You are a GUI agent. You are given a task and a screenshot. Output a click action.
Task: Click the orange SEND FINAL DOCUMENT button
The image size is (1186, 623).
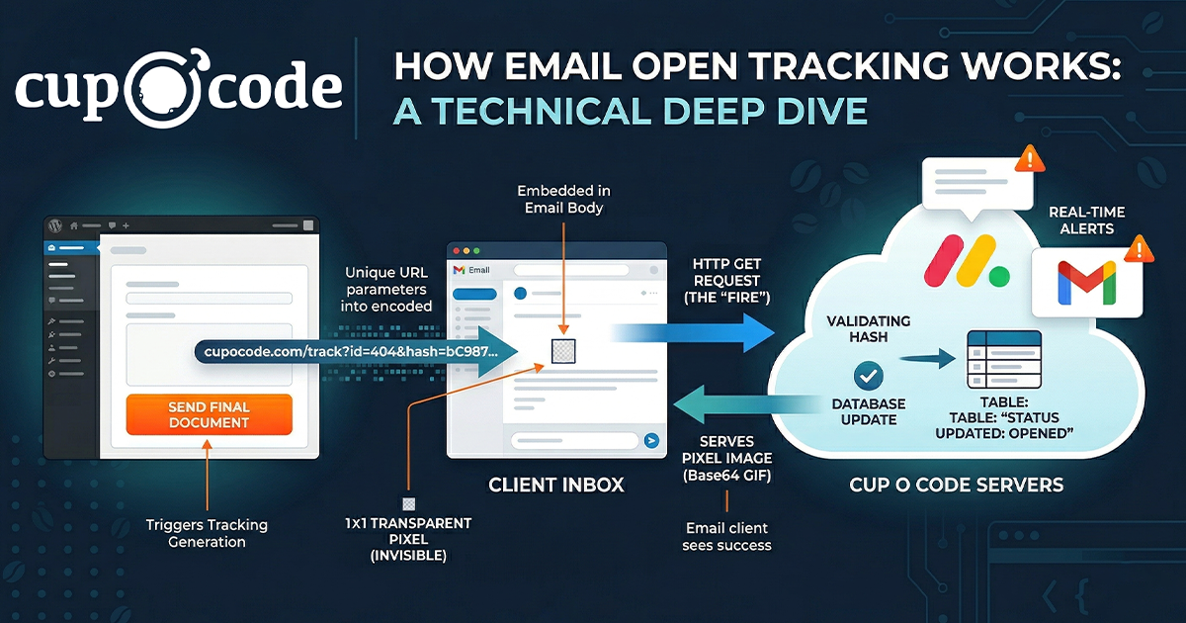(209, 414)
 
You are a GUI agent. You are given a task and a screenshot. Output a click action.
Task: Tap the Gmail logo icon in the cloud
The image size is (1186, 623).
(1085, 282)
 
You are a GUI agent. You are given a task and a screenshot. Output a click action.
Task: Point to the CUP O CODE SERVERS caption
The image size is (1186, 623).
(957, 485)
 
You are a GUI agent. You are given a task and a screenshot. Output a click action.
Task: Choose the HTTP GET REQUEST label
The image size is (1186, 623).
(726, 280)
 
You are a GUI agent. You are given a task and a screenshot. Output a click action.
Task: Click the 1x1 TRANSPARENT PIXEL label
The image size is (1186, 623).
(407, 539)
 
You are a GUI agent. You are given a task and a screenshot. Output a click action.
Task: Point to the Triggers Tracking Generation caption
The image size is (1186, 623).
(207, 533)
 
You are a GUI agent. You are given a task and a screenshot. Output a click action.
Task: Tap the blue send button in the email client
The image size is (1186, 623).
(651, 441)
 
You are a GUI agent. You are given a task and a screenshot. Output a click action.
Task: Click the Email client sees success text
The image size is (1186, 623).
(726, 536)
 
